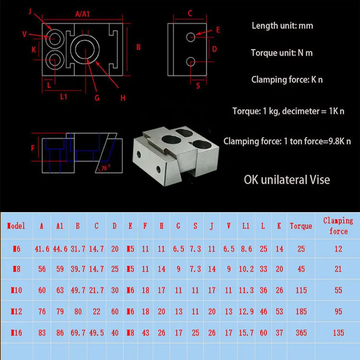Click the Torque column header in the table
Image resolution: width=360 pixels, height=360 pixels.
click(x=301, y=226)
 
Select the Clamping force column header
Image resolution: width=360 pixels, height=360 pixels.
click(x=338, y=226)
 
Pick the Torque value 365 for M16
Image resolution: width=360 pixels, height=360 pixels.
click(x=301, y=333)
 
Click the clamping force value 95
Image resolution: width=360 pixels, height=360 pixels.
click(x=338, y=312)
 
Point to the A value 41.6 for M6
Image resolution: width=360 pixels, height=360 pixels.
click(x=42, y=249)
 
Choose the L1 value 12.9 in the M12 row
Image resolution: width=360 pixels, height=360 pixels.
click(x=245, y=312)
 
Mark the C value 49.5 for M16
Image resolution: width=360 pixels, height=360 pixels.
click(x=96, y=333)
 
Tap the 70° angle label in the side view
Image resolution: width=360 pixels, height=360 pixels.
click(x=105, y=168)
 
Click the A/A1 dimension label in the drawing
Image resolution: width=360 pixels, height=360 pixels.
click(x=83, y=14)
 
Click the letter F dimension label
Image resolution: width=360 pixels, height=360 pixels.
click(x=33, y=148)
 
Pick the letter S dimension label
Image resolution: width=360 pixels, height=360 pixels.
click(x=198, y=86)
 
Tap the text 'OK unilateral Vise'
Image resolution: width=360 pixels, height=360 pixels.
click(x=287, y=180)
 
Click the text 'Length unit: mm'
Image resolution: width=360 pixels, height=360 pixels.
click(x=282, y=25)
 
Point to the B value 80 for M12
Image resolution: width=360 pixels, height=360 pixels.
click(x=78, y=312)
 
